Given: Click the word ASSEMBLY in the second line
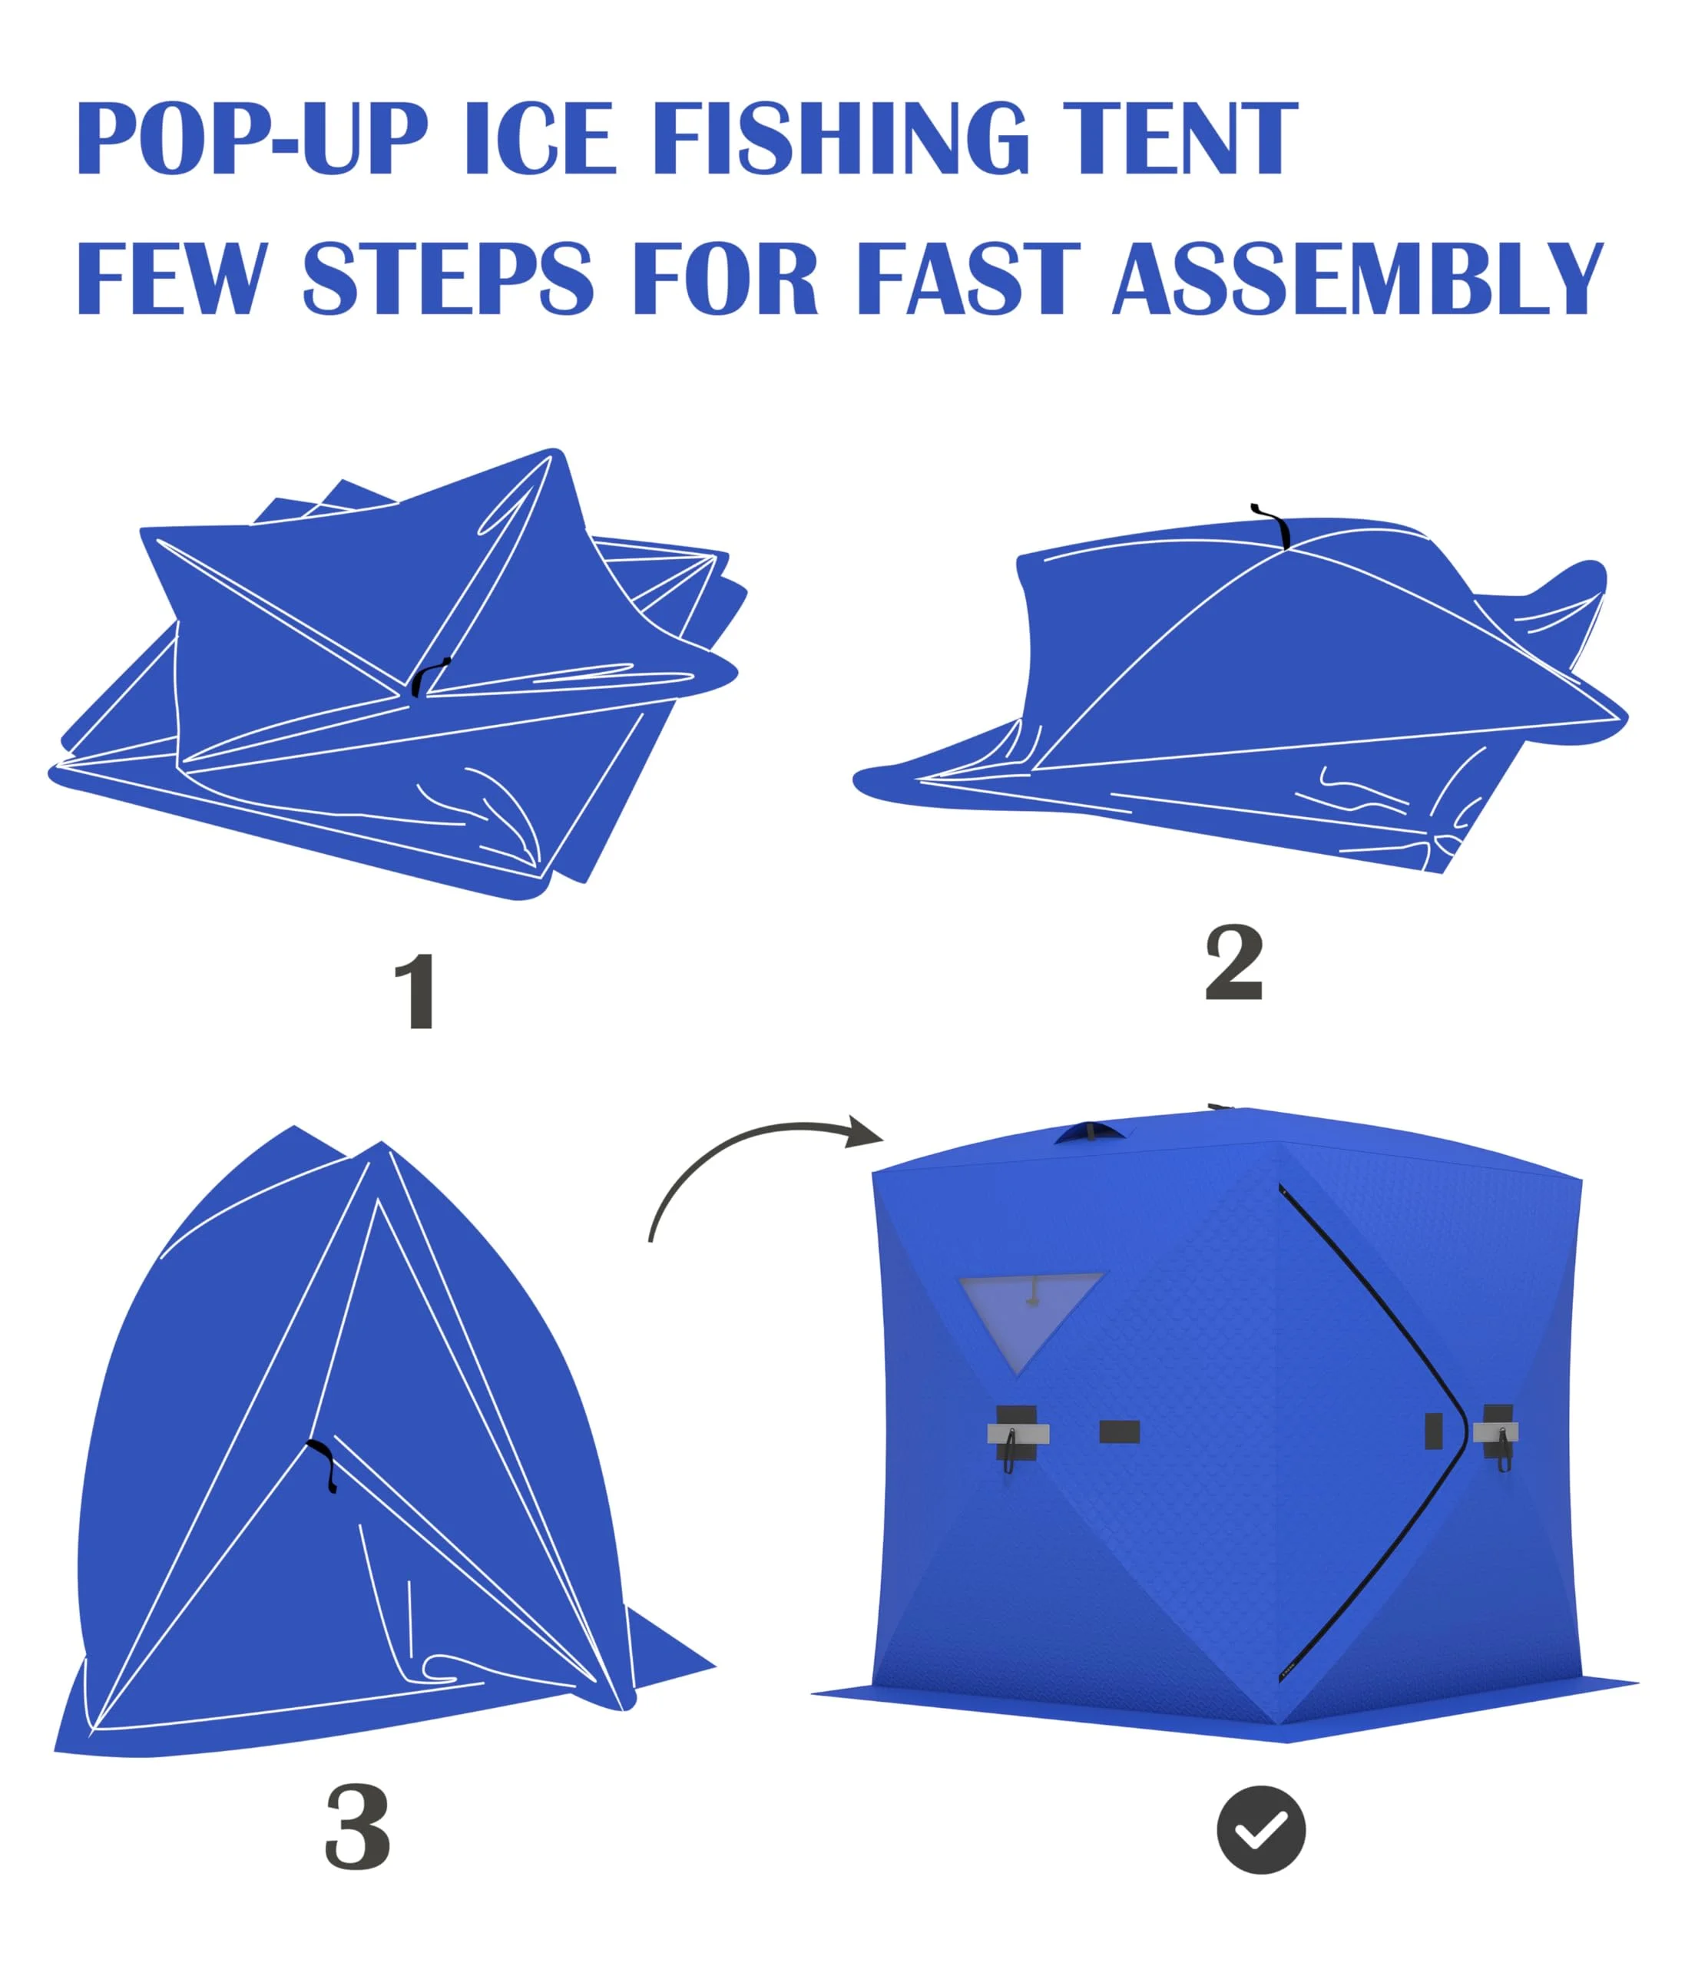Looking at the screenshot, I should click(x=1358, y=277).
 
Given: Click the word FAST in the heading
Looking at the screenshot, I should click(x=968, y=277).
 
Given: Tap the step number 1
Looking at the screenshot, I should click(x=415, y=992).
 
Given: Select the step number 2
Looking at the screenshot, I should click(x=1233, y=964).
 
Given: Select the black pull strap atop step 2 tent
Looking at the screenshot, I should click(x=1274, y=525).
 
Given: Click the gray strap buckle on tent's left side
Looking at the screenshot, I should click(x=1017, y=1433).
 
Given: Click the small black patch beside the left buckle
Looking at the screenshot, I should click(x=1118, y=1431).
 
